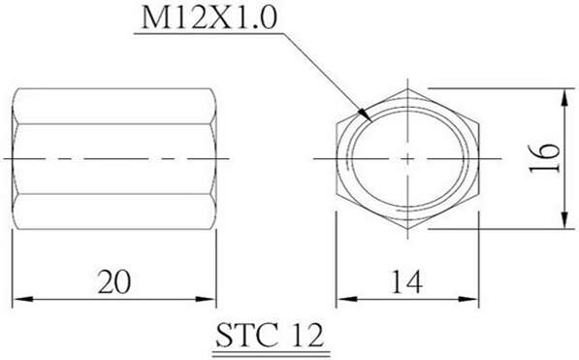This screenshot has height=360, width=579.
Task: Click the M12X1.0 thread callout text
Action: tap(209, 18)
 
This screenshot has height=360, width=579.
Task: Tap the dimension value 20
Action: tap(114, 282)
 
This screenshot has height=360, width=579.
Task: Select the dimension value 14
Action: tap(406, 282)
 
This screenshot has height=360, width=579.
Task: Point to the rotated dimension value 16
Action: tap(544, 158)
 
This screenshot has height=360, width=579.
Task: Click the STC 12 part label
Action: tap(270, 336)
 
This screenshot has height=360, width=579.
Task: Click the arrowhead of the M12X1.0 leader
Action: tap(366, 115)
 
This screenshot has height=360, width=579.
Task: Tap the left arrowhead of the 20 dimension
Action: tap(21, 299)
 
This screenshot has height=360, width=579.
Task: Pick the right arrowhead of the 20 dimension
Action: tap(207, 299)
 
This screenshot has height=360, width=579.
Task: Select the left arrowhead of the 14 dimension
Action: tap(345, 299)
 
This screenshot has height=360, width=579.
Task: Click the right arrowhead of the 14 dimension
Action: tap(469, 299)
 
